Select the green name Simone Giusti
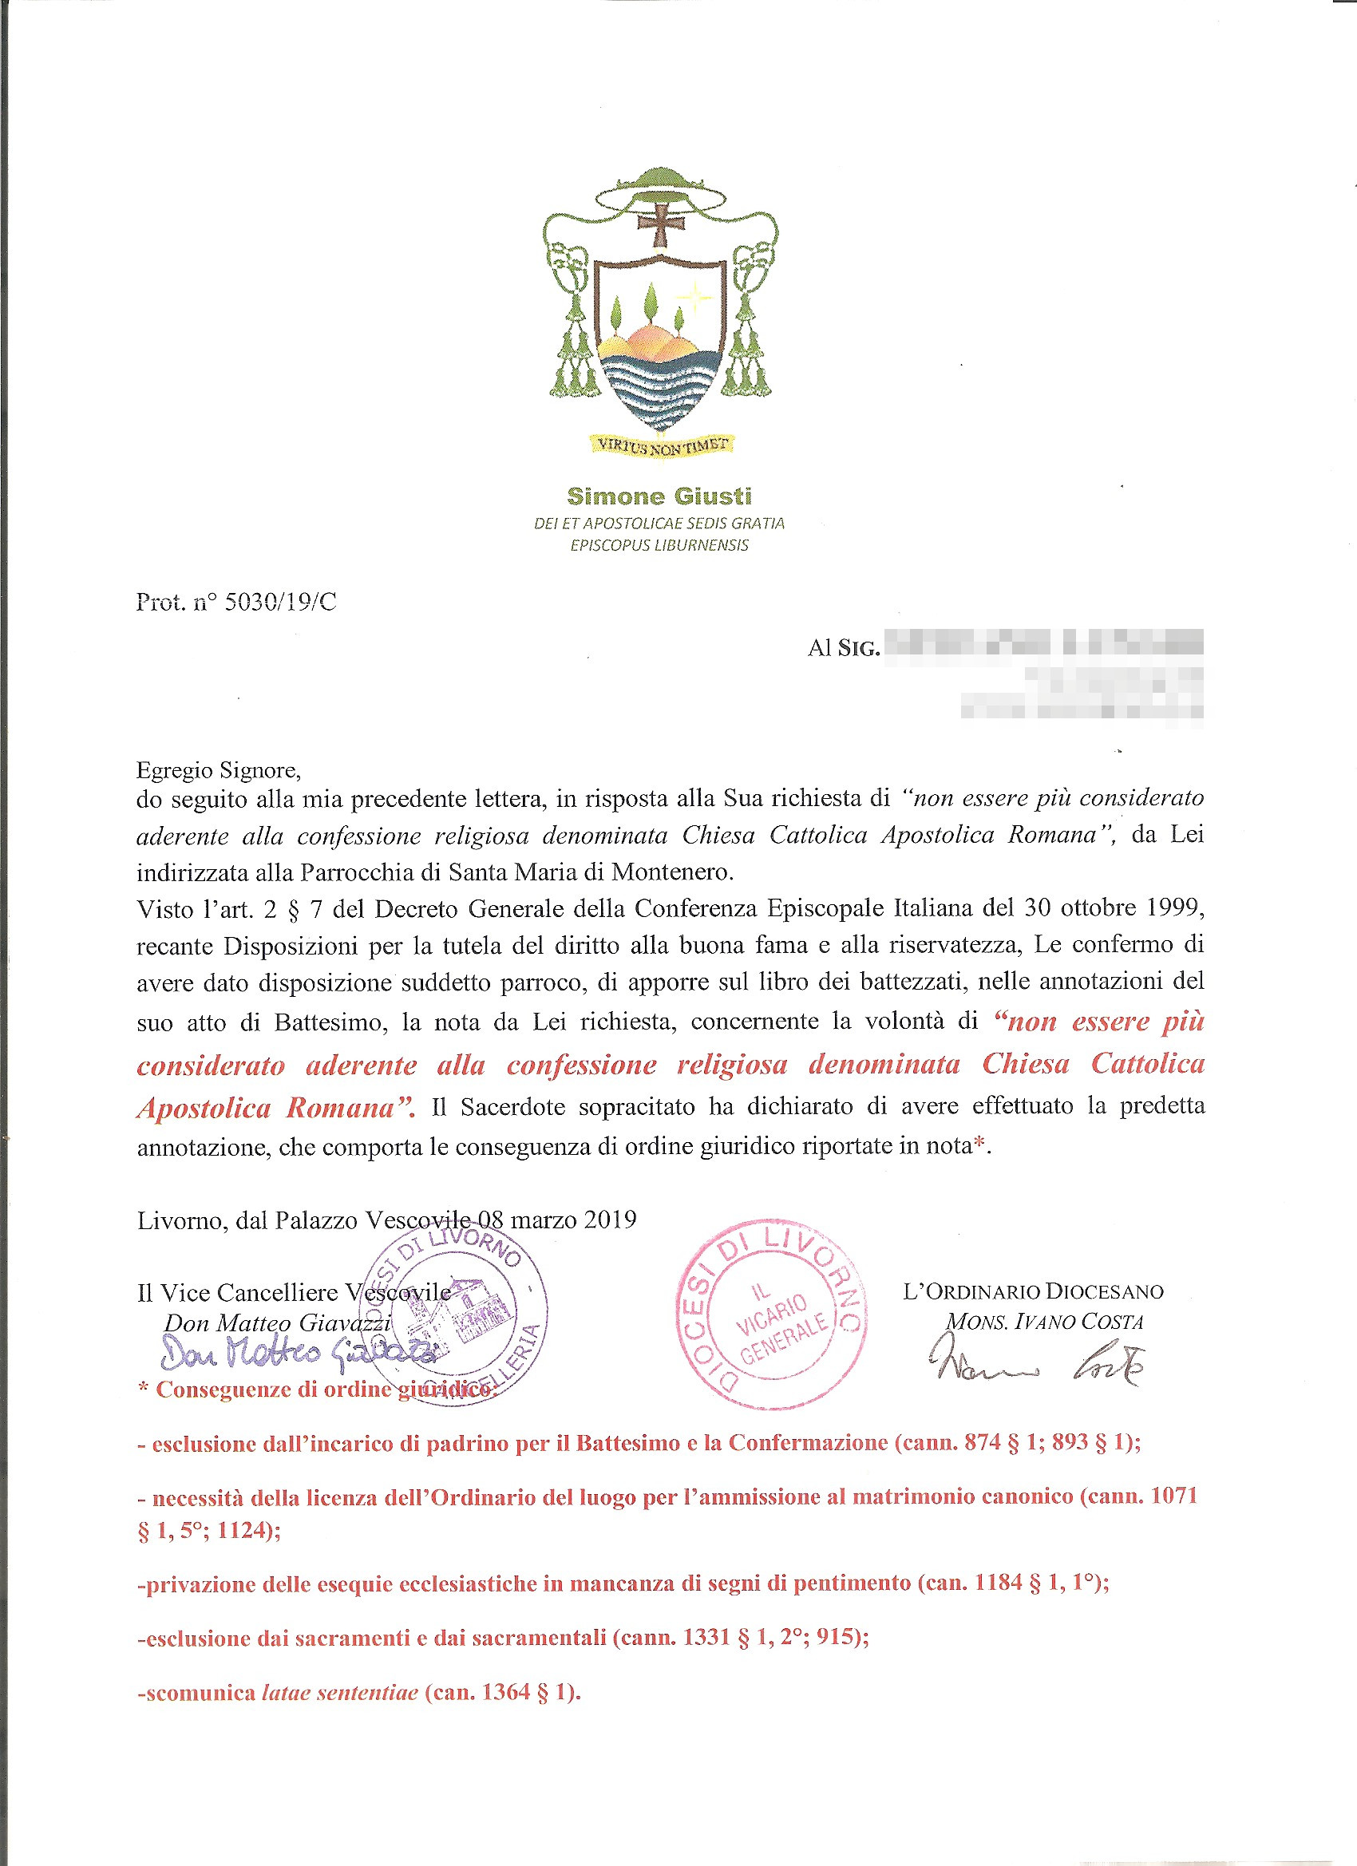[659, 496]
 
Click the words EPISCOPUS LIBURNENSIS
[659, 545]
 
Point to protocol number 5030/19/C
[280, 603]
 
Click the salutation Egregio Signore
[218, 770]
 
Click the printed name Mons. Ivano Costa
[1044, 1322]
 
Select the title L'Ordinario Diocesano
[1033, 1291]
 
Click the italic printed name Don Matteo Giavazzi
[277, 1323]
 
